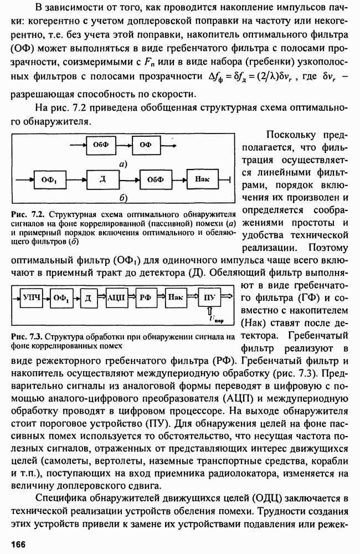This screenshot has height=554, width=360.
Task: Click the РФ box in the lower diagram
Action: (145, 297)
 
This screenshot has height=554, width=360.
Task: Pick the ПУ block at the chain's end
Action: (209, 297)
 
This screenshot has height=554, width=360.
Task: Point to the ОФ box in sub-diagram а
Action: (146, 145)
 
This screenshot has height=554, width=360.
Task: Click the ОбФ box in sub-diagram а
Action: (100, 145)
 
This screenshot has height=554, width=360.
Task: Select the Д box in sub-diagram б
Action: (102, 179)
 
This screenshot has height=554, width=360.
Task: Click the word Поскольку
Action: (291, 135)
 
